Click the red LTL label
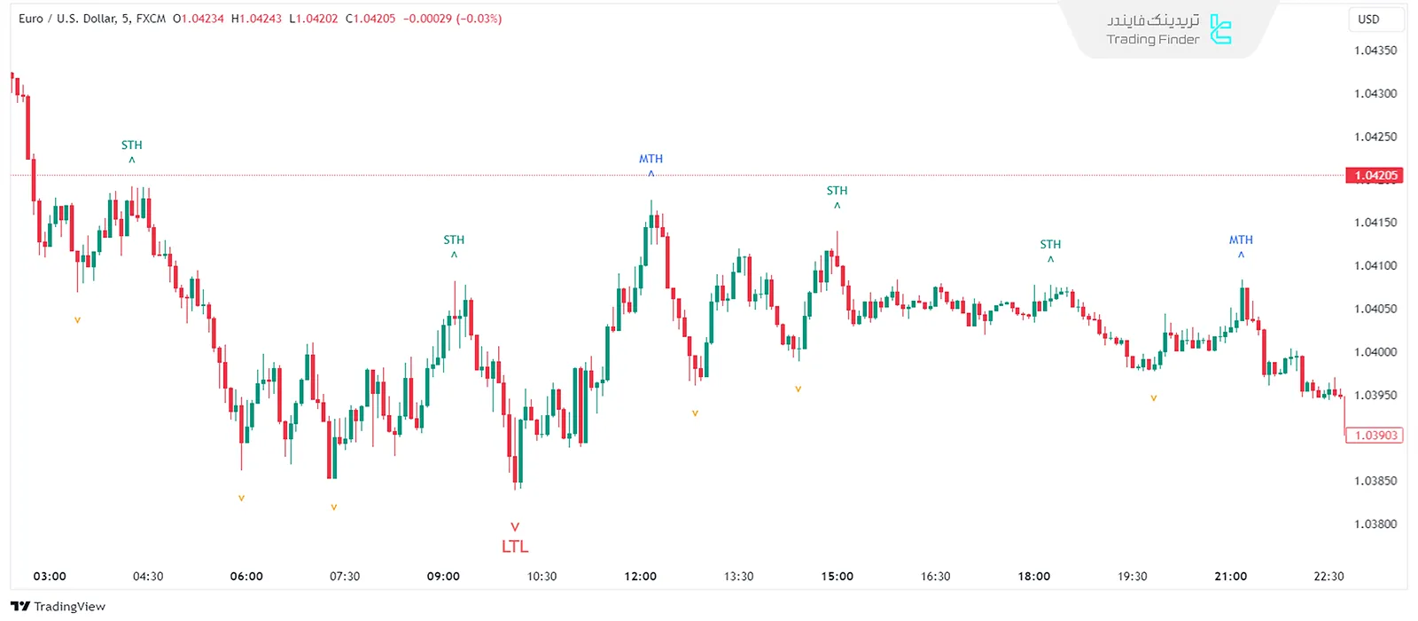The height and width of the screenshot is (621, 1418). pyautogui.click(x=515, y=546)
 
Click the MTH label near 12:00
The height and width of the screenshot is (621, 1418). pyautogui.click(x=651, y=159)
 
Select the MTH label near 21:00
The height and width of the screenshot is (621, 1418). pyautogui.click(x=1241, y=240)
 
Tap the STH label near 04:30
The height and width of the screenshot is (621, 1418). pyautogui.click(x=131, y=145)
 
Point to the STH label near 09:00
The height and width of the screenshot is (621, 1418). pyautogui.click(x=454, y=240)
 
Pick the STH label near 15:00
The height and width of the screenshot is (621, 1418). pyautogui.click(x=837, y=191)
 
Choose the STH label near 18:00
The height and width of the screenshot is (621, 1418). pyautogui.click(x=1050, y=244)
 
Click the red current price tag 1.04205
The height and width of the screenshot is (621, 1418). pyautogui.click(x=1375, y=176)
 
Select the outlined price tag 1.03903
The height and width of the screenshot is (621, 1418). pyautogui.click(x=1375, y=436)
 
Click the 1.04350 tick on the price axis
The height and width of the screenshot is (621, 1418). pyautogui.click(x=1375, y=51)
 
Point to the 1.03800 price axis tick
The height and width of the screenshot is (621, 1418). pyautogui.click(x=1375, y=524)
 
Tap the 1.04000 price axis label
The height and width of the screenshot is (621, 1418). pyautogui.click(x=1375, y=352)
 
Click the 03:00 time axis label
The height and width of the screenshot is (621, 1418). pyautogui.click(x=50, y=577)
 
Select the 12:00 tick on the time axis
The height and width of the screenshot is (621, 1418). pyautogui.click(x=640, y=577)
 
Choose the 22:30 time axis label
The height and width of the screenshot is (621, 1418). pyautogui.click(x=1328, y=577)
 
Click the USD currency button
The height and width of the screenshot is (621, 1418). pyautogui.click(x=1368, y=19)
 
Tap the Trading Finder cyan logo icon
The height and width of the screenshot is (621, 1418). pyautogui.click(x=1221, y=29)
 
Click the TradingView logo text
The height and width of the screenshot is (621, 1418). pyautogui.click(x=58, y=607)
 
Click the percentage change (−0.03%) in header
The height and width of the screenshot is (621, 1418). pyautogui.click(x=479, y=19)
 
